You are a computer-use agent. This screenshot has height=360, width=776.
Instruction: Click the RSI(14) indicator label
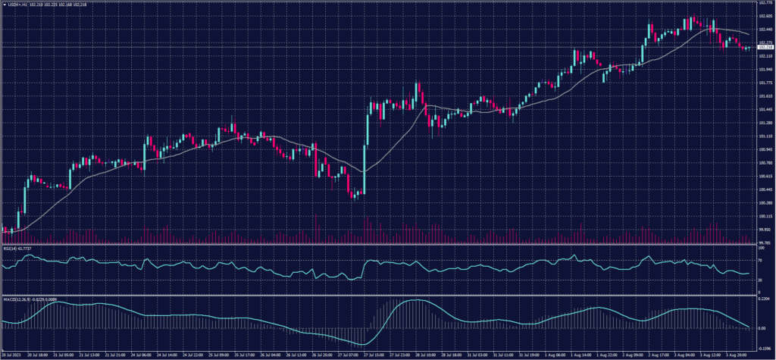[x=18, y=247]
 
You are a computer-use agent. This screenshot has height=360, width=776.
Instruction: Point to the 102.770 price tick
[x=765, y=3]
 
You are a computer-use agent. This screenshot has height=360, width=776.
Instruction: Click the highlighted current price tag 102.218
[x=765, y=48]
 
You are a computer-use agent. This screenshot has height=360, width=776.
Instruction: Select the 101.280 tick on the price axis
[x=765, y=123]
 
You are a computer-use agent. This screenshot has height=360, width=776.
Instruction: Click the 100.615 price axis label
[x=765, y=177]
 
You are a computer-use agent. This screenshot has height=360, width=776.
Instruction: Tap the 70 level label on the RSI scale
[x=760, y=259]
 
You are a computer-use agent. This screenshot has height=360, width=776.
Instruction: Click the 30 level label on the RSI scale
[x=760, y=280]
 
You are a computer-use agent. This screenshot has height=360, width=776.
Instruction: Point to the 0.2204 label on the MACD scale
[x=765, y=299]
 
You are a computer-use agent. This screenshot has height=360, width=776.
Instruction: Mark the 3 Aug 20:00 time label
[x=740, y=354]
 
